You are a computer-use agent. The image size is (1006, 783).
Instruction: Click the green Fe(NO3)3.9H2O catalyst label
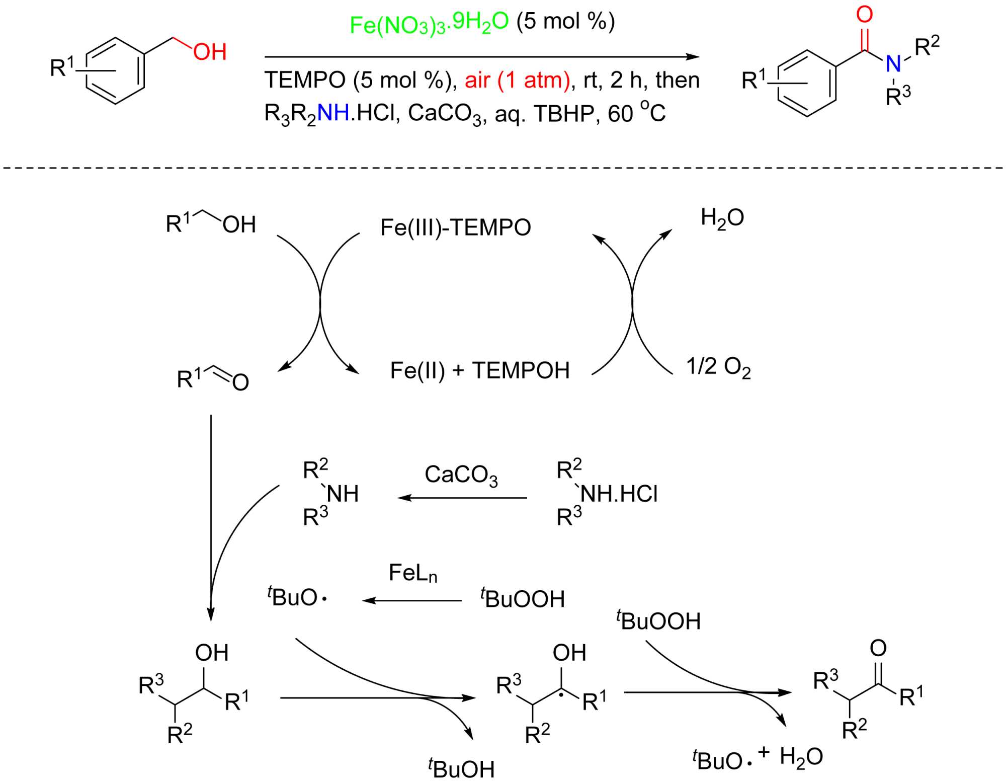click(429, 24)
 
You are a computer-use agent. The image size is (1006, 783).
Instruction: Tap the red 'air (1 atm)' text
click(518, 81)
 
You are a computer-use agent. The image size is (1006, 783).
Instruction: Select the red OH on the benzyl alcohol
click(210, 52)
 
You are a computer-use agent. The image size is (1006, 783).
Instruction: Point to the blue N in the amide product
click(893, 63)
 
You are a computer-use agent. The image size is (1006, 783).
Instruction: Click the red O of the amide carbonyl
click(864, 15)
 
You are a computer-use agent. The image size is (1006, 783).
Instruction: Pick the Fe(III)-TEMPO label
click(456, 227)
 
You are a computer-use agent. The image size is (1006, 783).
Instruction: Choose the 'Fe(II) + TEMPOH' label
click(480, 371)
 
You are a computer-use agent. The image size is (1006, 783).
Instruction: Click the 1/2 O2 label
click(718, 367)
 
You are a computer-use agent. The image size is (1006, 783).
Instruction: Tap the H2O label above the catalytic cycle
click(722, 218)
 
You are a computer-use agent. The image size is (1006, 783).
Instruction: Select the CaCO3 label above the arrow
click(461, 475)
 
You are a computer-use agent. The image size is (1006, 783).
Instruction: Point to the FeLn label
click(413, 573)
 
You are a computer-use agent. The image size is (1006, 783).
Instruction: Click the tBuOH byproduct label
click(461, 768)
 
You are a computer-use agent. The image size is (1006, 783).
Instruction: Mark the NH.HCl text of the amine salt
click(619, 494)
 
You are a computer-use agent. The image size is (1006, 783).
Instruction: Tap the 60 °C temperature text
click(637, 113)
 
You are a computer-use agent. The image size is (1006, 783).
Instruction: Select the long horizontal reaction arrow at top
click(481, 57)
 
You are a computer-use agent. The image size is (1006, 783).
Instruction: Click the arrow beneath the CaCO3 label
click(462, 498)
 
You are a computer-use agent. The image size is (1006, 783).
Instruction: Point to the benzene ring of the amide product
click(807, 84)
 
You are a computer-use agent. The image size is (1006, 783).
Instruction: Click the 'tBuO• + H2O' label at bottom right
click(758, 757)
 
